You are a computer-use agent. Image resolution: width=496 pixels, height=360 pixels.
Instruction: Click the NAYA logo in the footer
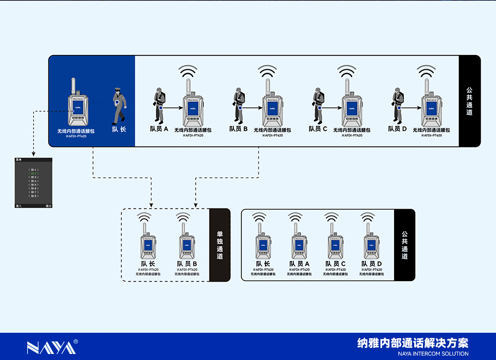coord(52,347)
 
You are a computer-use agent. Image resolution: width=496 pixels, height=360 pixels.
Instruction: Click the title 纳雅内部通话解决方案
coord(413,343)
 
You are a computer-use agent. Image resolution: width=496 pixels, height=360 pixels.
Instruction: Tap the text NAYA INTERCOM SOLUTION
coord(433,353)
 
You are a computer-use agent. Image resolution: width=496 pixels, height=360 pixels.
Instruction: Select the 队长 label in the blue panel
coord(119,130)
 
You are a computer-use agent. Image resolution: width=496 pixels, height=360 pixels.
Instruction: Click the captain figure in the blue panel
coord(119,105)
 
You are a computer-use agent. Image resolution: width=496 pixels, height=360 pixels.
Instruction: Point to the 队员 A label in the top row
coord(159,129)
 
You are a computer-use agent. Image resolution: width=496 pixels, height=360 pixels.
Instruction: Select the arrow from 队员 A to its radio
coord(171,108)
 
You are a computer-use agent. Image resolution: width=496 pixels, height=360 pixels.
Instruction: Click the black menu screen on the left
coord(33,183)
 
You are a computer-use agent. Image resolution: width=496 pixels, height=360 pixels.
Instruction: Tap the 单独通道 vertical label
coord(220,245)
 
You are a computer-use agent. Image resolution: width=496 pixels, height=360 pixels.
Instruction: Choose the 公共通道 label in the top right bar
coord(469,101)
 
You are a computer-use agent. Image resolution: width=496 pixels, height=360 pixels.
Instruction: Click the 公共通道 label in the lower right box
coord(404,245)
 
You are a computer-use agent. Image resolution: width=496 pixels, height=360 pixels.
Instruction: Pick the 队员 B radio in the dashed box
coord(187,244)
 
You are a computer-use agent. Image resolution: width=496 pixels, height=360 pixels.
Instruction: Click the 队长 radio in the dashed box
coord(148,244)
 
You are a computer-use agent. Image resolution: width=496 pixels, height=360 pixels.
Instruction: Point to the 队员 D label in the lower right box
coord(371,264)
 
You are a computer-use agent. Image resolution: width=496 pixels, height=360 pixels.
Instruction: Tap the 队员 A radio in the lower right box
coord(299,244)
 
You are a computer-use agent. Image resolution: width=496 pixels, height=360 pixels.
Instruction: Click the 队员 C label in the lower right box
coord(335,264)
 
